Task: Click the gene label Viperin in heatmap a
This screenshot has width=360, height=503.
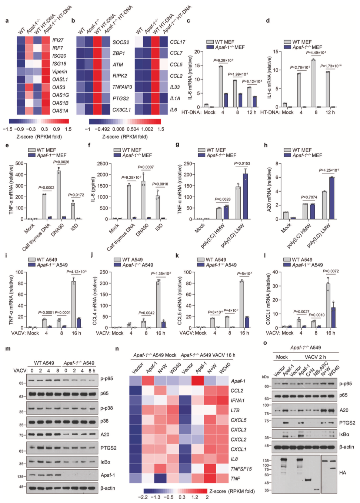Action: coord(59,71)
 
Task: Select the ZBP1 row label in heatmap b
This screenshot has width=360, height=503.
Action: coord(119,53)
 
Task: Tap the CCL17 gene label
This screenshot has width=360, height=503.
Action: coord(177,42)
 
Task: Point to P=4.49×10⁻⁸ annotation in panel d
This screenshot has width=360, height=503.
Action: coord(316,53)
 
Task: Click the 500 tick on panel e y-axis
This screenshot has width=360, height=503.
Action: coord(20,164)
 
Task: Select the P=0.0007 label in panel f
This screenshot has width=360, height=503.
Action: coord(146,167)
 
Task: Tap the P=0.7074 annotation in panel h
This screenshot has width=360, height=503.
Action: coord(309,197)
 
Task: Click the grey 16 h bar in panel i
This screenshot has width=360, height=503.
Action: coord(74,304)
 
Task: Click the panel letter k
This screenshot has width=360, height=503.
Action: coord(177,256)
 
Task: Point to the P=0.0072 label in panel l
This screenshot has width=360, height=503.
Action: coord(331,271)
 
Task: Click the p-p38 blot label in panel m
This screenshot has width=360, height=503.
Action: coord(107,408)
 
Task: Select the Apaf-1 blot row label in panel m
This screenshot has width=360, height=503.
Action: coord(108,475)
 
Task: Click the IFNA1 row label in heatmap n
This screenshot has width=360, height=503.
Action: coord(237,400)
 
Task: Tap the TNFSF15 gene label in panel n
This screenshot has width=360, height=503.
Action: coord(241,469)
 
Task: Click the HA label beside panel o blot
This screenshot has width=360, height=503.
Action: coord(343,473)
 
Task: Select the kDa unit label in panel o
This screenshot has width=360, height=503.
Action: coord(265,377)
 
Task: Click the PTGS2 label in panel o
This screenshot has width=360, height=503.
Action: coord(347,423)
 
